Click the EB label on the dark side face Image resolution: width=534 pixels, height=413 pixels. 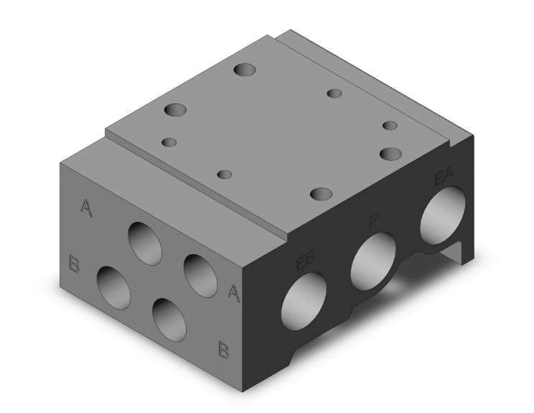click(x=306, y=260)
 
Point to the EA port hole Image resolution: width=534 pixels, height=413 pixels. click(x=444, y=213)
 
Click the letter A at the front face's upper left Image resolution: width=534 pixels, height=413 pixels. click(x=86, y=208)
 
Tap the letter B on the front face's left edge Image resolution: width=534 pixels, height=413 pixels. click(x=73, y=263)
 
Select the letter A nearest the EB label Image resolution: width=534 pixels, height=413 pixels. click(x=233, y=291)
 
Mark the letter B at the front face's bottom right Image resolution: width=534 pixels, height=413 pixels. click(x=224, y=350)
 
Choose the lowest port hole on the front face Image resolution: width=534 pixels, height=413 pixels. click(x=170, y=320)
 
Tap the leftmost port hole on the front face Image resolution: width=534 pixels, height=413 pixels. click(x=115, y=288)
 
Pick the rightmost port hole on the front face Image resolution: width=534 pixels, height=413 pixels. click(x=200, y=274)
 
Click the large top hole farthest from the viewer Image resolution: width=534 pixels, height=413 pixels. click(x=245, y=70)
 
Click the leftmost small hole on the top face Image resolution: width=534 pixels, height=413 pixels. click(x=169, y=142)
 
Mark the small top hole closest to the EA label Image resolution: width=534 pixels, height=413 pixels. click(x=390, y=126)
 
